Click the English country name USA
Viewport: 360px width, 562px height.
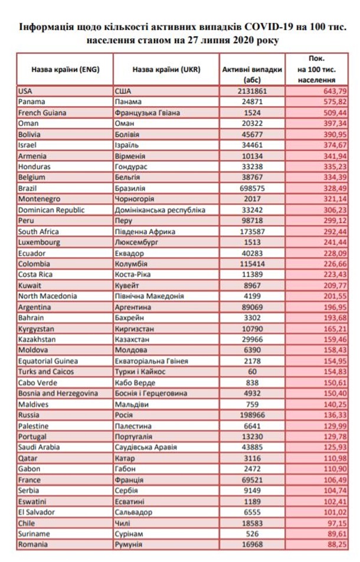(x=25, y=92)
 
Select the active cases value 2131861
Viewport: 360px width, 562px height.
(x=252, y=92)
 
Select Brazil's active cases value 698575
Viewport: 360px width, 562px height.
(x=252, y=188)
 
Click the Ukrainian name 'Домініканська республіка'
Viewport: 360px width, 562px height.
(x=160, y=210)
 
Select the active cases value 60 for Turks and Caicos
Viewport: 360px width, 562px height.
(x=252, y=372)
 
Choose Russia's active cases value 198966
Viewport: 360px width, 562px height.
(x=252, y=415)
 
